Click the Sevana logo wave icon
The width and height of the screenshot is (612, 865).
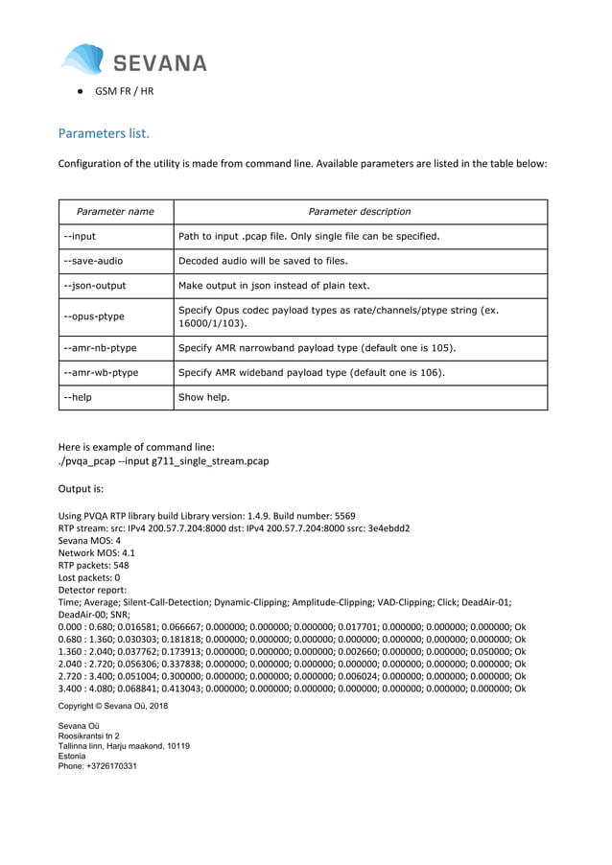click(82, 59)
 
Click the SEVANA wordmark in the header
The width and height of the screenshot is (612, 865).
click(160, 64)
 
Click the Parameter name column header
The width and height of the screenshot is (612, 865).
click(115, 211)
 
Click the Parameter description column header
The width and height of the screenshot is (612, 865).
click(360, 211)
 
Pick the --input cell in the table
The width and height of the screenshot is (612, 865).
click(80, 236)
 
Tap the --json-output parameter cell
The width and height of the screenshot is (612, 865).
click(95, 286)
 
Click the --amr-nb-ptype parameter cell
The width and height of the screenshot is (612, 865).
click(98, 347)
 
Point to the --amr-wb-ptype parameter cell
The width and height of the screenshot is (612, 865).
click(98, 372)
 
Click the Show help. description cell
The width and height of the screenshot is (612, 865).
click(204, 397)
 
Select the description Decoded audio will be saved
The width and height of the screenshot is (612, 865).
click(263, 261)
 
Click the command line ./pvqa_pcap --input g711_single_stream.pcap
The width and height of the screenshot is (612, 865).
click(164, 461)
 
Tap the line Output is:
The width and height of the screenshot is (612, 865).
click(81, 489)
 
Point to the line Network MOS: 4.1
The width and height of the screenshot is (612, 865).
click(97, 553)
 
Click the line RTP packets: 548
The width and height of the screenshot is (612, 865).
click(94, 566)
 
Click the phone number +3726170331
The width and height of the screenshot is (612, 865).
click(98, 766)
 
